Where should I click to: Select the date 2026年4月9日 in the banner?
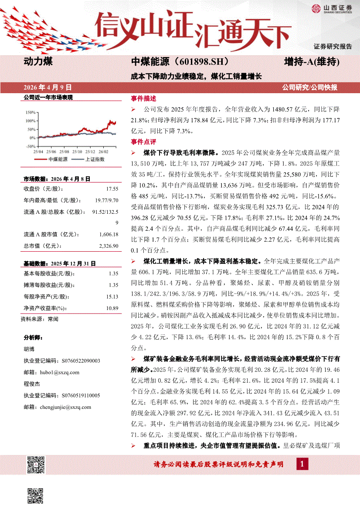point(48,87)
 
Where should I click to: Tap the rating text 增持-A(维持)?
point(311,62)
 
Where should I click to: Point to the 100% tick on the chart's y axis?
point(30,120)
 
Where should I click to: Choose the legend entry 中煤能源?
point(58,159)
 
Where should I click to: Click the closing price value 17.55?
point(112,189)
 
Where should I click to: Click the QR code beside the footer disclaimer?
point(36,465)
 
